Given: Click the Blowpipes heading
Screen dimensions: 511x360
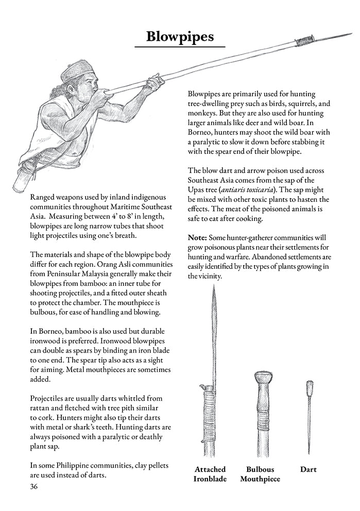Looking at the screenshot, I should coord(180,37).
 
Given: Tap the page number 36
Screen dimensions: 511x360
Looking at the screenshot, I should coord(35,486).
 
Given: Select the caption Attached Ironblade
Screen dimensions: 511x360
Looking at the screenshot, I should coord(210,474).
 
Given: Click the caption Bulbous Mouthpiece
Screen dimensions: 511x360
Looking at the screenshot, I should coord(260,474).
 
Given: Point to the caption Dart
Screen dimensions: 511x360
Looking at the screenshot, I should coord(308,469).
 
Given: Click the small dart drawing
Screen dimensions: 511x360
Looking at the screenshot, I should coord(310,412).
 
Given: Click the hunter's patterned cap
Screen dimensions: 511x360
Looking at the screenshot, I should coord(78,71).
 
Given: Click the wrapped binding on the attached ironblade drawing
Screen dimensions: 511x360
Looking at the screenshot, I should coord(210,407).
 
